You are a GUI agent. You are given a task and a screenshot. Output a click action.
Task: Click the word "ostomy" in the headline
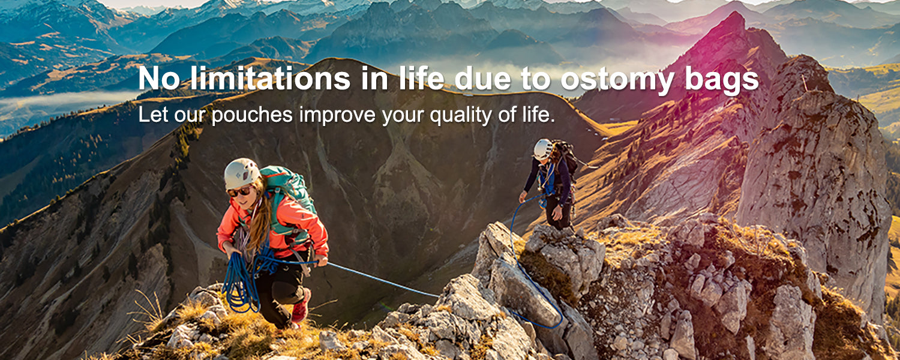[x=617, y=79]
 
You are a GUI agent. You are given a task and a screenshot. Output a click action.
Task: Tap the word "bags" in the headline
[x=722, y=79]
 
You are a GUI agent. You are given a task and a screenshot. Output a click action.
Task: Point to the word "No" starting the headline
[x=159, y=78]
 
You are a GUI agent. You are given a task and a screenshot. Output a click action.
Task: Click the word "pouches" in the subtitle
[x=252, y=115]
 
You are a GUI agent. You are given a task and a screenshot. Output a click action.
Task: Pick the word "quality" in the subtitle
[x=461, y=115]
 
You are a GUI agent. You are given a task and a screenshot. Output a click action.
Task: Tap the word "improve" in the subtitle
[x=337, y=115]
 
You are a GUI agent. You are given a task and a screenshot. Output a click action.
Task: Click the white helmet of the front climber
[x=241, y=173]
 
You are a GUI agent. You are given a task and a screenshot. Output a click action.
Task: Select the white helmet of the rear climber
[x=543, y=149]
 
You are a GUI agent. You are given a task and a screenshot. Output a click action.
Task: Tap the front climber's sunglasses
[x=239, y=191]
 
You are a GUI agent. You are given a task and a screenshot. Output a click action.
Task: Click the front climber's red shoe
[x=301, y=307]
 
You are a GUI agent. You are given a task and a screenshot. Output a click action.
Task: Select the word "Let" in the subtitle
[x=152, y=115]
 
